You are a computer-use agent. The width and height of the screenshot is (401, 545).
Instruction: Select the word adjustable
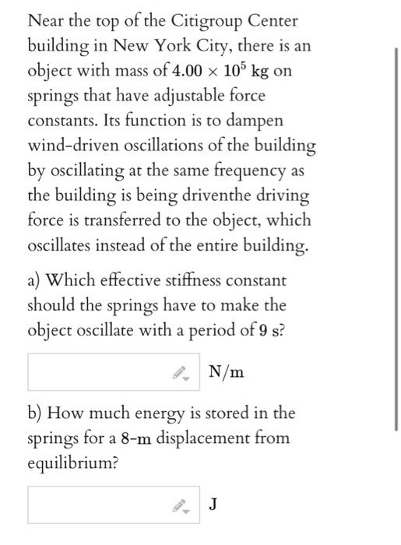[181, 96]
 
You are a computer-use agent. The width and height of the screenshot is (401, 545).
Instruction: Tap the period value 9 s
[268, 329]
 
